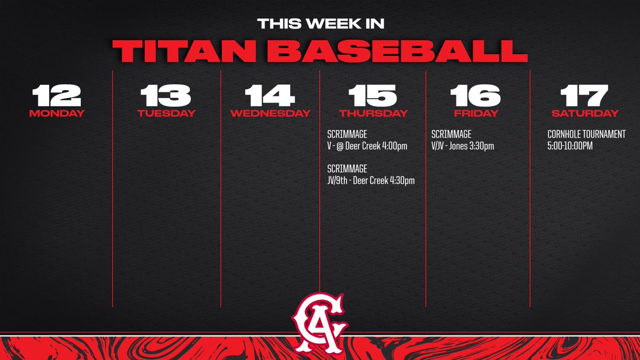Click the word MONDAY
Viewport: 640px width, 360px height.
pyautogui.click(x=56, y=113)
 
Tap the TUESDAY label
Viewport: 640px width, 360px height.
pyautogui.click(x=166, y=113)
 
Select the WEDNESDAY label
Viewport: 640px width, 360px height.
pyautogui.click(x=270, y=113)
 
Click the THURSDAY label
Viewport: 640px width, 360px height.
pyautogui.click(x=373, y=113)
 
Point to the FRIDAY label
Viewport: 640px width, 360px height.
pyautogui.click(x=476, y=113)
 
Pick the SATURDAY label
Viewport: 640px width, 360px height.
pyautogui.click(x=585, y=113)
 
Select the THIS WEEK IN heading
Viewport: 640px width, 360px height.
pyautogui.click(x=320, y=24)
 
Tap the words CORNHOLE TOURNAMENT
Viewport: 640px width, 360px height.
pyautogui.click(x=586, y=134)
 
